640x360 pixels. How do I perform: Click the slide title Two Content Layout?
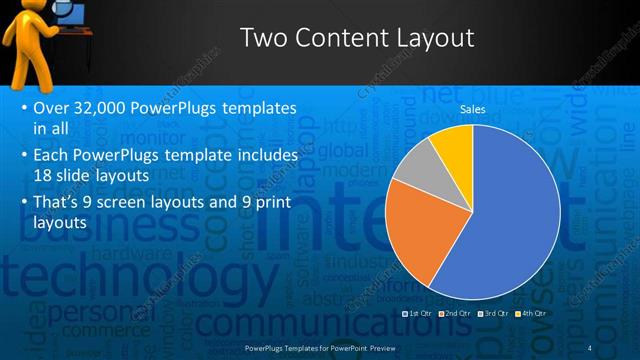coord(357,38)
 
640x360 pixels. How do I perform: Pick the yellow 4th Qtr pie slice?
coord(454,144)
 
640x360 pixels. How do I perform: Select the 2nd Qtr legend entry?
coord(456,313)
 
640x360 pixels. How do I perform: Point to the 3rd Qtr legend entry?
coord(495,313)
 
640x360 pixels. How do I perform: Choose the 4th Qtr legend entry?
coord(531,313)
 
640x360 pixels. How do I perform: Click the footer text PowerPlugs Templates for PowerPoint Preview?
coord(320,347)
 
